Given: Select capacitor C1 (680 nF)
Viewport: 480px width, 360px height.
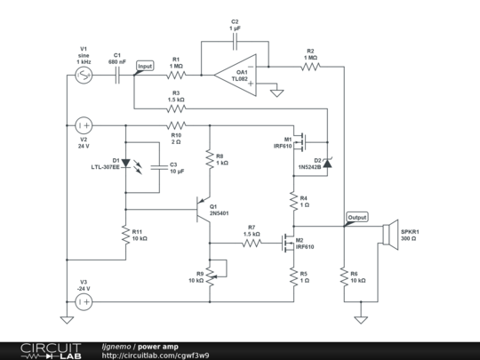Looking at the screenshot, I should tap(119, 75).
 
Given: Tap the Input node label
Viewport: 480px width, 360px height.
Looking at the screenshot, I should tap(144, 66).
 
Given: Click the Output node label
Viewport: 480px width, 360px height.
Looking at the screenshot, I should tap(356, 217).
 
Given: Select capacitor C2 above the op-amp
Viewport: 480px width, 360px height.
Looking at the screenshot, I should tap(235, 41).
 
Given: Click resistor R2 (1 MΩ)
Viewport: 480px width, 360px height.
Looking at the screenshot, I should tap(310, 66).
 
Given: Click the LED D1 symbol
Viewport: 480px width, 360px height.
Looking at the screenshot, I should tap(125, 164).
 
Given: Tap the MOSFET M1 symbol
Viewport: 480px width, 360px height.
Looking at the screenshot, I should tap(302, 140).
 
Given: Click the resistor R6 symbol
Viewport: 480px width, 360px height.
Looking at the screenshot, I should tap(344, 277).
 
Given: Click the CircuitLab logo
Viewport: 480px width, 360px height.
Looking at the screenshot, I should tap(36, 350).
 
